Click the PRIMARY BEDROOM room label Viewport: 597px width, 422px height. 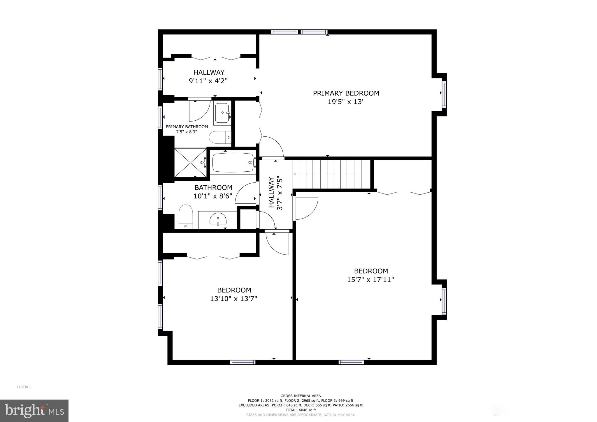pyautogui.click(x=346, y=93)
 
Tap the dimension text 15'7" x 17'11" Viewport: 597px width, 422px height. pyautogui.click(x=370, y=280)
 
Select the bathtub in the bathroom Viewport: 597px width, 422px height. pyautogui.click(x=233, y=163)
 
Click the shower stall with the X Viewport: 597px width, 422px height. pyautogui.click(x=190, y=163)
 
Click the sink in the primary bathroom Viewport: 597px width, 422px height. pyautogui.click(x=222, y=113)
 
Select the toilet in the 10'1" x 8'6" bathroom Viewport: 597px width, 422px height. pyautogui.click(x=186, y=217)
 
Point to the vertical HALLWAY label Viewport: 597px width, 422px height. pyautogui.click(x=271, y=192)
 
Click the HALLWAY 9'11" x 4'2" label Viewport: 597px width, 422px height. pyautogui.click(x=208, y=76)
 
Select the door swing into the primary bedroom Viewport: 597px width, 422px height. pyautogui.click(x=273, y=147)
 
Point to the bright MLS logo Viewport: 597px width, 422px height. pyautogui.click(x=34, y=411)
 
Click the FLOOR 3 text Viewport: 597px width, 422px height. pyautogui.click(x=24, y=387)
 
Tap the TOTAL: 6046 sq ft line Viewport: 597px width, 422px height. pyautogui.click(x=301, y=410)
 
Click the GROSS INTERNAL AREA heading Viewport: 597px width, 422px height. pyautogui.click(x=301, y=396)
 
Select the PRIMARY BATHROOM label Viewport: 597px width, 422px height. pyautogui.click(x=187, y=127)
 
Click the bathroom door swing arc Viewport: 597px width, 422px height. pyautogui.click(x=246, y=193)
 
